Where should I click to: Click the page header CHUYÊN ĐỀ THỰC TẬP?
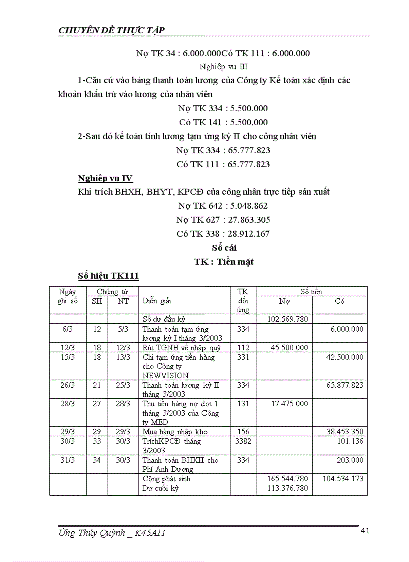112,31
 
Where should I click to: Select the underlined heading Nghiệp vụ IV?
105,179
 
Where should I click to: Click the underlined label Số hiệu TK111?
108,275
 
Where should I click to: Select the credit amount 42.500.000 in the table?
343,357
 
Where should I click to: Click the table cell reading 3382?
243,441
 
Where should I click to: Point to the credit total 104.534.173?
343,479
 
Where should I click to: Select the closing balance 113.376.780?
288,488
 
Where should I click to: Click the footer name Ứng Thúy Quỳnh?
90,533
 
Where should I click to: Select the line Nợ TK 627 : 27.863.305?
223,219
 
